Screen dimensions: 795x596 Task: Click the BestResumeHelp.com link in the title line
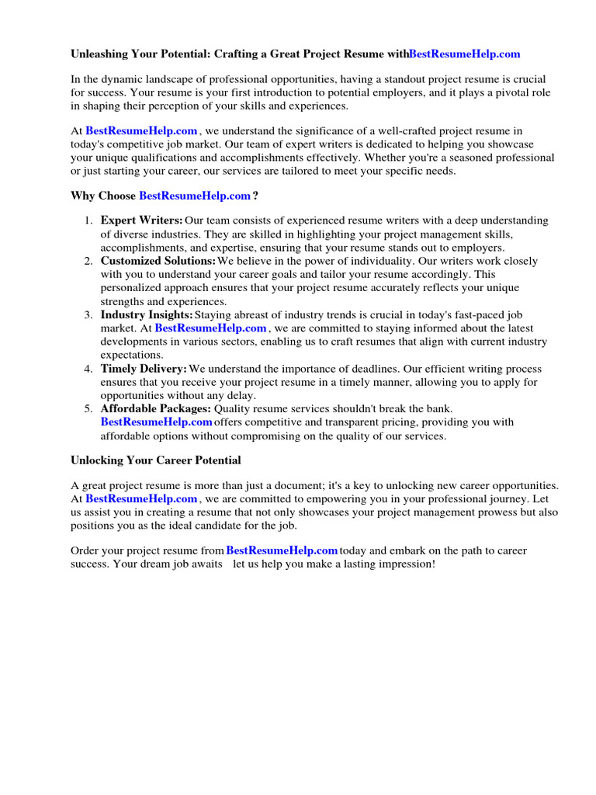(464, 54)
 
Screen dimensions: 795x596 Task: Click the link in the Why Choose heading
(195, 196)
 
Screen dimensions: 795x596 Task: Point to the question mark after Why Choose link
(255, 196)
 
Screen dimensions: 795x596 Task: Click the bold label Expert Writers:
(142, 221)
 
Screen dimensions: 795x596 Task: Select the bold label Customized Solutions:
(158, 262)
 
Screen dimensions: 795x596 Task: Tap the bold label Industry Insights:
(147, 314)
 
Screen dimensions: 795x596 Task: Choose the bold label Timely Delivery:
(144, 369)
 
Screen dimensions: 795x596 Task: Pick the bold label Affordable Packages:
(155, 408)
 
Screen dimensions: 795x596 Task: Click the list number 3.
(88, 314)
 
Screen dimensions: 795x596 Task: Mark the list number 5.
(88, 408)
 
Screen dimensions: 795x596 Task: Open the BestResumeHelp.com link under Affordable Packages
(156, 422)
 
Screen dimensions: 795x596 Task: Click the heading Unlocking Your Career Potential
(156, 460)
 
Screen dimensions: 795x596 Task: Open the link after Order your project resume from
(282, 550)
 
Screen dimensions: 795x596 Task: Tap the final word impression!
(407, 564)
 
